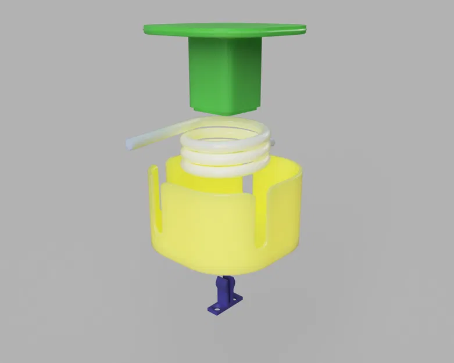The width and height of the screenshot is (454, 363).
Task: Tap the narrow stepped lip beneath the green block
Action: [x=224, y=111]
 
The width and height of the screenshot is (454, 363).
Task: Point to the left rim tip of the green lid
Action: [x=145, y=27]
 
